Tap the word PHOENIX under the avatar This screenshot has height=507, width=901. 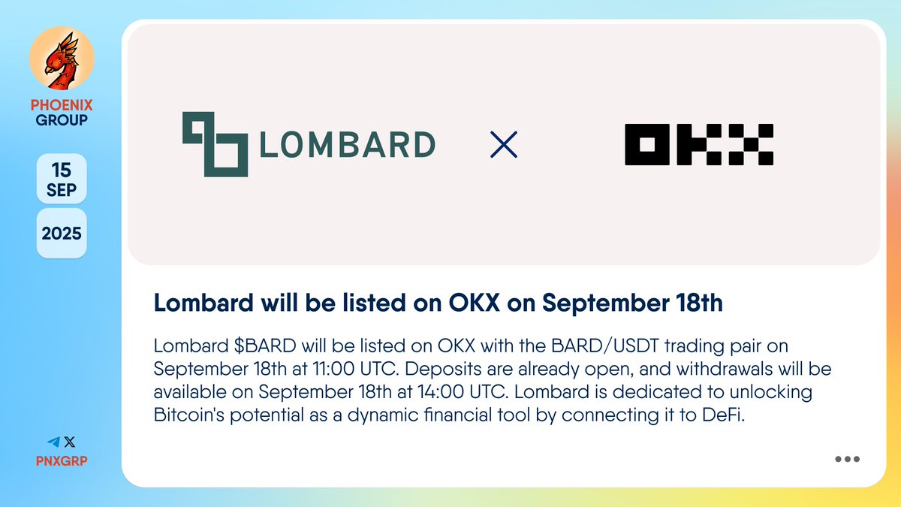62,105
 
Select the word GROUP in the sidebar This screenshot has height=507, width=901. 62,119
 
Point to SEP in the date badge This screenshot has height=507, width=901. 62,190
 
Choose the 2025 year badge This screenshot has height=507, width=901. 62,233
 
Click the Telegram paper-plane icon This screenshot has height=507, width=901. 53,442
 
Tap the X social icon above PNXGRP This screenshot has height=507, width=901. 70,442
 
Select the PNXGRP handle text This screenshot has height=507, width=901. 62,460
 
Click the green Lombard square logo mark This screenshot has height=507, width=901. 215,144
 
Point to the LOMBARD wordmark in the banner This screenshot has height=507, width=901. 347,145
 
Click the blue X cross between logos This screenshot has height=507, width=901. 503,144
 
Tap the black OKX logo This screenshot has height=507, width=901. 699,144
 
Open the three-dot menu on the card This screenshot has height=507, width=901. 847,460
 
